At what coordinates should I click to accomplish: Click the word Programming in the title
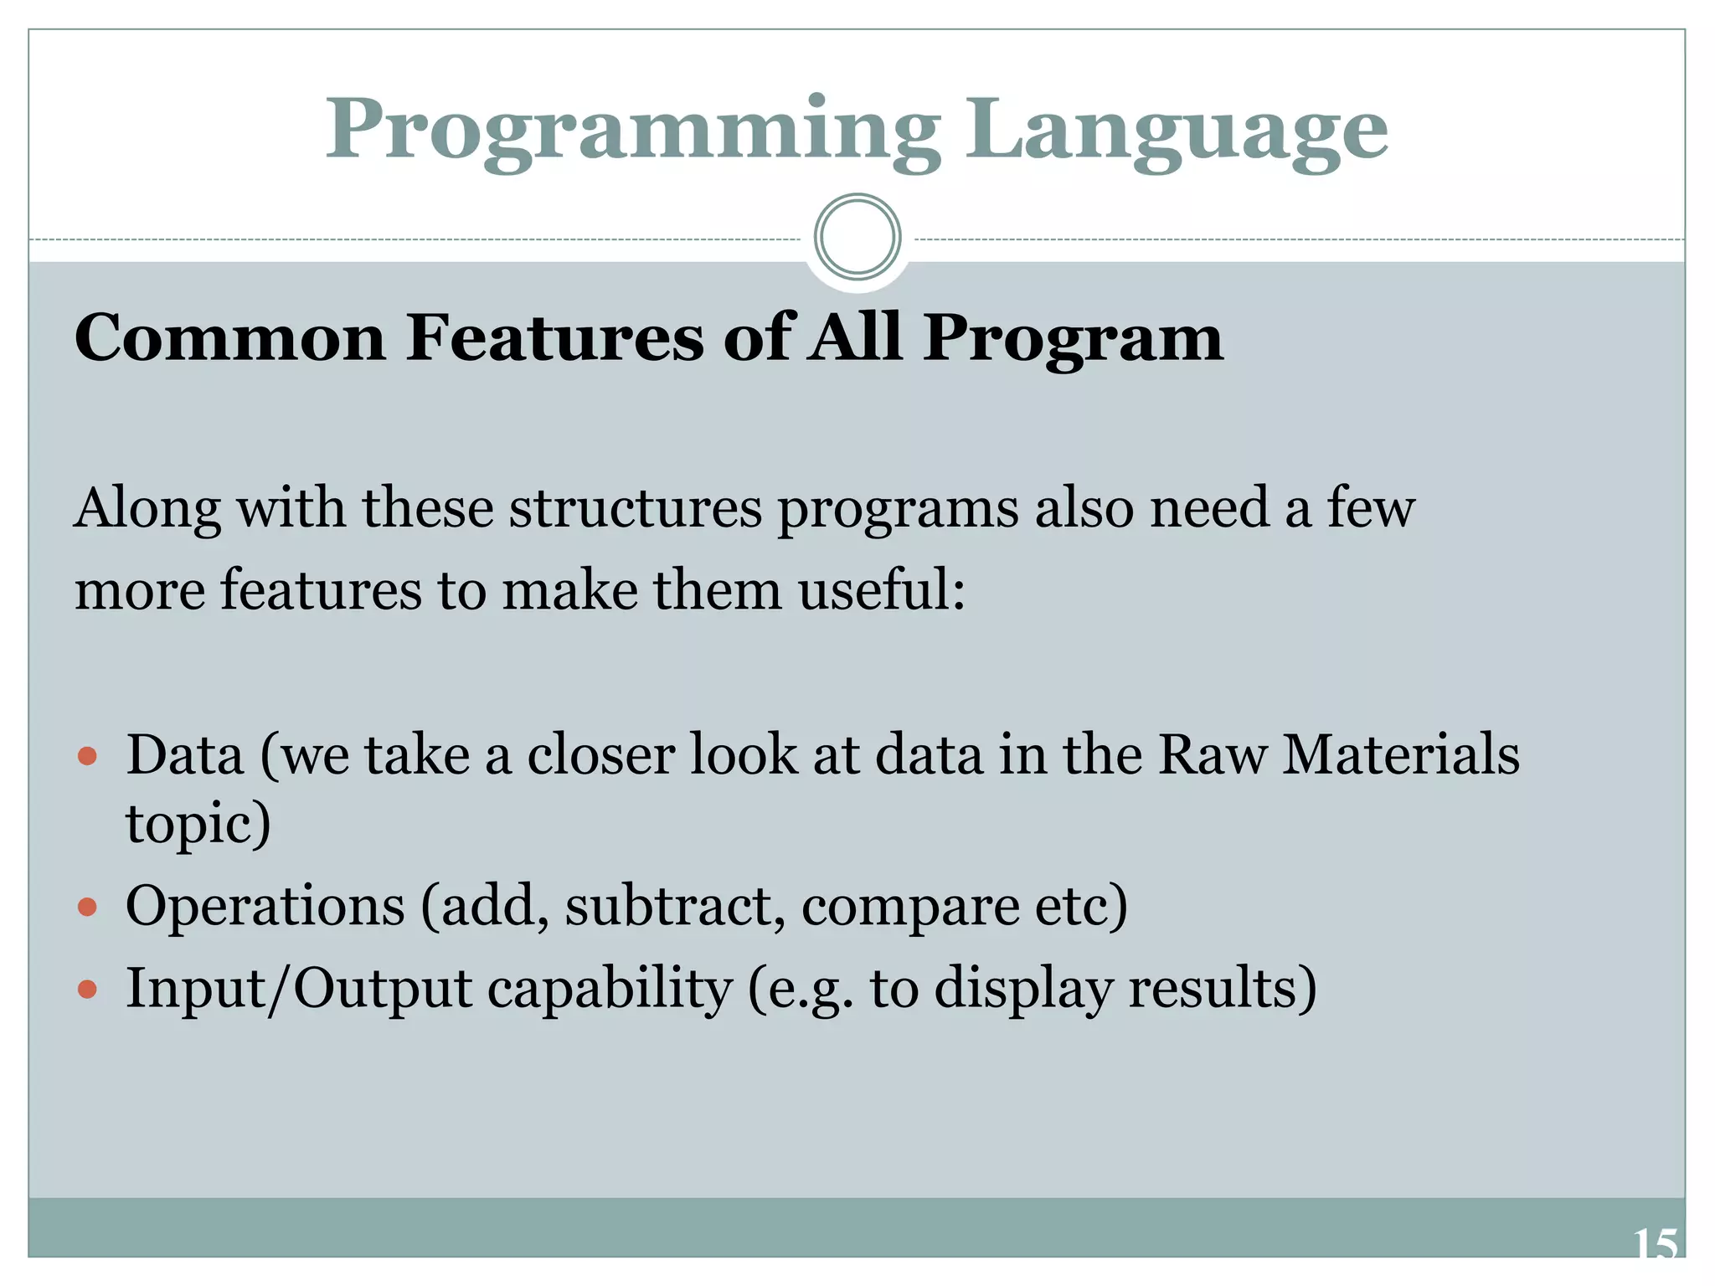click(x=632, y=132)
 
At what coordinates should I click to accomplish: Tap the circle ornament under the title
click(x=857, y=237)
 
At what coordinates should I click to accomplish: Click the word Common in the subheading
click(x=229, y=337)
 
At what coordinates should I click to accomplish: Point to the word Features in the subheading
click(x=554, y=337)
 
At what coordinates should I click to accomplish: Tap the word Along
click(x=148, y=509)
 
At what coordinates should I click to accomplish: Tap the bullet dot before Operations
click(x=87, y=908)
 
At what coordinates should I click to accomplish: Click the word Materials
click(x=1401, y=755)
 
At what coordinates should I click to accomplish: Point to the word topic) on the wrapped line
click(x=198, y=824)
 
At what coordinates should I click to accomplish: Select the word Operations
click(x=265, y=907)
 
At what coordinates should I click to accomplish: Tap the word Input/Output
click(x=299, y=990)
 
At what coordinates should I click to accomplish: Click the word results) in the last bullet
click(x=1223, y=990)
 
